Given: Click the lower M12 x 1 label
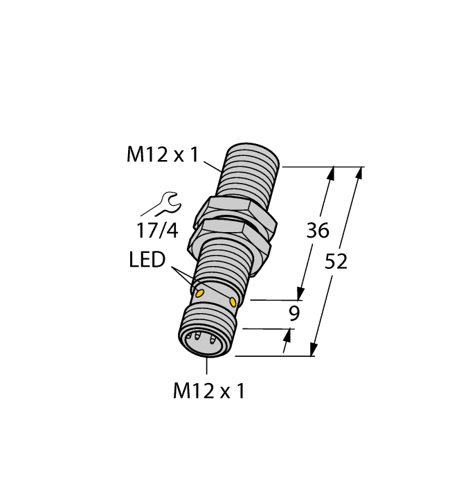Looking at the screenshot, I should (208, 391).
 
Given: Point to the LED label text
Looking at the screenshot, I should (147, 261).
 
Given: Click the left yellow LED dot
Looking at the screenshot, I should (200, 293).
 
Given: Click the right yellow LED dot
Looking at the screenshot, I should (233, 302).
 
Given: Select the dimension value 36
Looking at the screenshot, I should (318, 231).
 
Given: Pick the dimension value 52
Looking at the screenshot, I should (336, 261).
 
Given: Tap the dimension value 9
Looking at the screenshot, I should (294, 314).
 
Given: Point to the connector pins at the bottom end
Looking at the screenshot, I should (204, 342).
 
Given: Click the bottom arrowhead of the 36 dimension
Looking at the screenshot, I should (302, 293).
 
